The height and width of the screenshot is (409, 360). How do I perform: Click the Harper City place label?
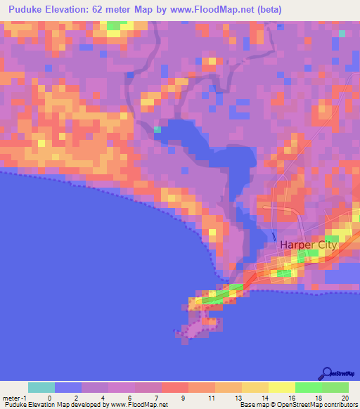pos(309,245)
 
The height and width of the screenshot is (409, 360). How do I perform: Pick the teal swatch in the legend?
pos(41,387)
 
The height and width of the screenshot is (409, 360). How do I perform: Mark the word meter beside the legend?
pos(12,397)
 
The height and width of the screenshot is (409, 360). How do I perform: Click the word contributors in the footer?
pos(340,405)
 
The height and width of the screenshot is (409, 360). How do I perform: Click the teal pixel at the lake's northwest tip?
pos(157,129)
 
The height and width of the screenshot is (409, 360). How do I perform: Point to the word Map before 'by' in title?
pos(153,10)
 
